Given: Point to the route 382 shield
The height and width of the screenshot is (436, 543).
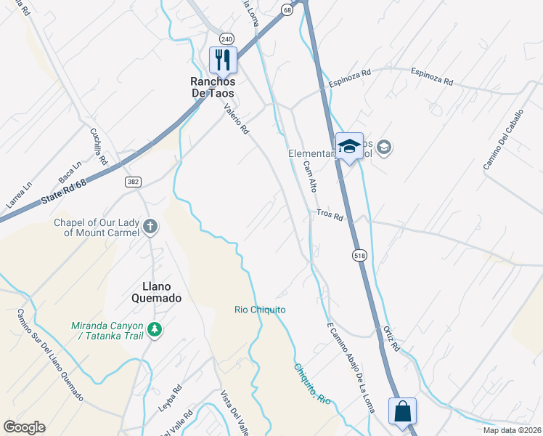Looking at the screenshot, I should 132,182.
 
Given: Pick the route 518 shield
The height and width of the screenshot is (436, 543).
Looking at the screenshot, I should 360,255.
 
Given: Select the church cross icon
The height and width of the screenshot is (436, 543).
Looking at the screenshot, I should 150,227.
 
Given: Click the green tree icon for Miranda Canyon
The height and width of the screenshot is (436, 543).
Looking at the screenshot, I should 154,330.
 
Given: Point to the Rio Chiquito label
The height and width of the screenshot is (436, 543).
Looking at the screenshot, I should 260,310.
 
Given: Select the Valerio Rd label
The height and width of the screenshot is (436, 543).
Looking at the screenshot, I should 237,120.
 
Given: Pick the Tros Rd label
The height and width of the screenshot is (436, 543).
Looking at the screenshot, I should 329,214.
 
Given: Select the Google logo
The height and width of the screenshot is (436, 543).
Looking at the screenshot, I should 24,427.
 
